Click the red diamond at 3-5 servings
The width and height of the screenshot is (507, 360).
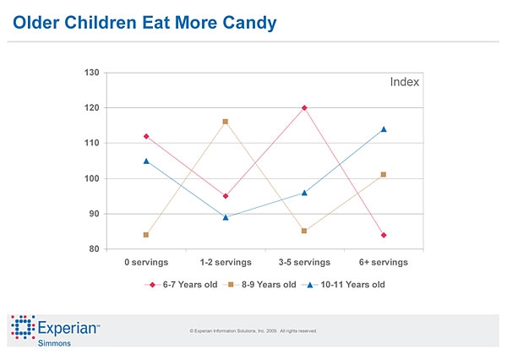click(304, 108)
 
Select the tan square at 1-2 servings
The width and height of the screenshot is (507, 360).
click(226, 122)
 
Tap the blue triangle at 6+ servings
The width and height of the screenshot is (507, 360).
click(384, 129)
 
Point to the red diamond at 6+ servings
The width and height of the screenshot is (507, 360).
click(384, 235)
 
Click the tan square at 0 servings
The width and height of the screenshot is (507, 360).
click(146, 235)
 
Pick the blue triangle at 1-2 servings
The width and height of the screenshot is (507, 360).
click(226, 217)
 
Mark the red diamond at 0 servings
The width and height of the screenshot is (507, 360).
click(146, 136)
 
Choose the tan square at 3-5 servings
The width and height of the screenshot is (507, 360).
click(304, 231)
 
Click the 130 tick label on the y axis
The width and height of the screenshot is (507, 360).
click(92, 73)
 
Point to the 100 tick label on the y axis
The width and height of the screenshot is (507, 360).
click(92, 179)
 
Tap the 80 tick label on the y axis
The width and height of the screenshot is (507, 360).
click(95, 249)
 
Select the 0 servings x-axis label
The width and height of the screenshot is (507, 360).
click(146, 263)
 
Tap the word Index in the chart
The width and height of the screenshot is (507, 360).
click(404, 83)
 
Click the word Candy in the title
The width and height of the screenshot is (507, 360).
click(247, 23)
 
